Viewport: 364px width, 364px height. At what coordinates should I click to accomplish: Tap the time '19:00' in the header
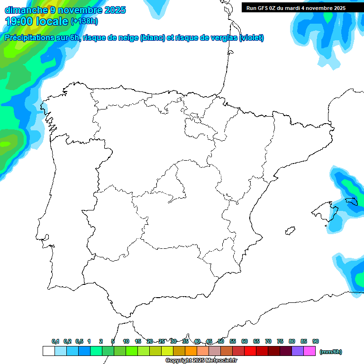(x=19, y=21)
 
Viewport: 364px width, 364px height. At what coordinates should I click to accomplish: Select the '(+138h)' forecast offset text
(x=84, y=21)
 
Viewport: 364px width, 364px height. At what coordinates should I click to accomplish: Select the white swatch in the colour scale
(x=48, y=351)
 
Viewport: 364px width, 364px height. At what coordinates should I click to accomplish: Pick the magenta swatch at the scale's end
(x=310, y=351)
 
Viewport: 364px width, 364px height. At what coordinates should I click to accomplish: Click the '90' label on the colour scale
(x=316, y=341)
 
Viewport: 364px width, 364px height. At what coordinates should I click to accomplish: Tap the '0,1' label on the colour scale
(x=55, y=341)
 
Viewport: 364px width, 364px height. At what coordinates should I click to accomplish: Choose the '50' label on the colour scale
(x=221, y=341)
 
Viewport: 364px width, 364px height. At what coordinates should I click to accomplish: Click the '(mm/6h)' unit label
(x=331, y=352)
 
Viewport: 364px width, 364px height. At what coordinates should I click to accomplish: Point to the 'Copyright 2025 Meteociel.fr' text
(x=201, y=360)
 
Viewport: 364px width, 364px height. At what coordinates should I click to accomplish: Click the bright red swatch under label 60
(x=250, y=351)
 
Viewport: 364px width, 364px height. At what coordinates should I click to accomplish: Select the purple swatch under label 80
(x=298, y=351)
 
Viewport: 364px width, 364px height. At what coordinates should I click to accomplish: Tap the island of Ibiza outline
(x=290, y=231)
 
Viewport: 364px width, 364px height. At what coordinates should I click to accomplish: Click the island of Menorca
(x=352, y=201)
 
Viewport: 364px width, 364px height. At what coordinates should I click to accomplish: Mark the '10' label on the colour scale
(x=126, y=341)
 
